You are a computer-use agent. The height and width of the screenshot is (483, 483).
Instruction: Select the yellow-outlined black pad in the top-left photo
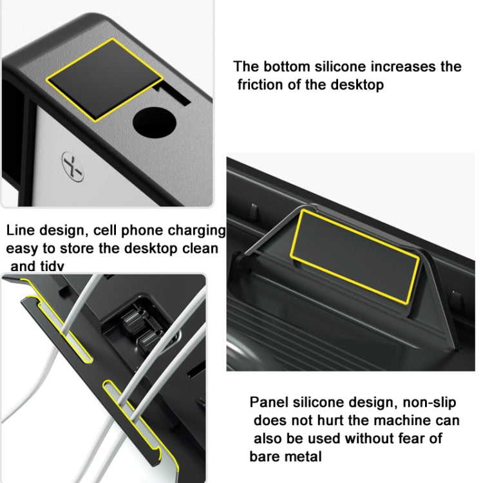[103, 79]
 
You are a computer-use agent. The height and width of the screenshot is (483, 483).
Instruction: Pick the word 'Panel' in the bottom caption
[270, 403]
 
